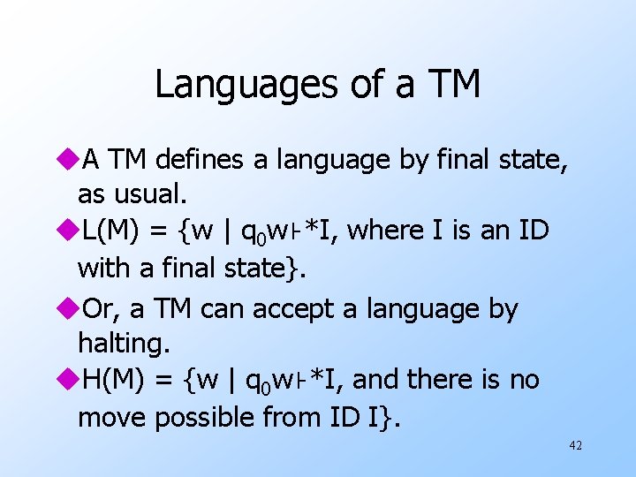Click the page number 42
575,446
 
